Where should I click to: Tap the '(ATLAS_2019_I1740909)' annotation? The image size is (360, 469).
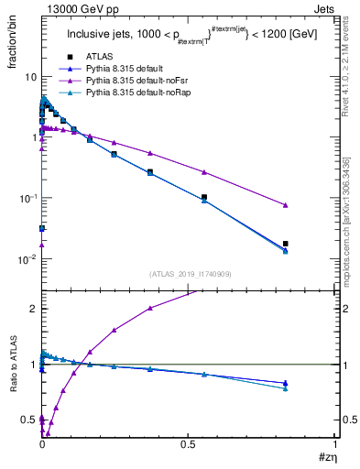[x=189, y=274]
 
